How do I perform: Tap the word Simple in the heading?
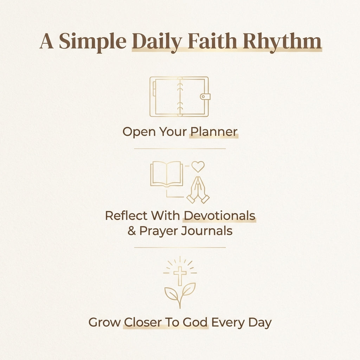[x=92, y=41]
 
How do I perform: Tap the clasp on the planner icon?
[x=205, y=96]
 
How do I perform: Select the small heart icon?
[x=198, y=166]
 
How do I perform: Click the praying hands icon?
[x=198, y=190]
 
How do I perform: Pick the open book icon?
[x=167, y=174]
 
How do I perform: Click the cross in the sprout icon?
[x=180, y=275]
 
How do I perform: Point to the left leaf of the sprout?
[x=172, y=294]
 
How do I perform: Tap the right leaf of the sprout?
[x=188, y=290]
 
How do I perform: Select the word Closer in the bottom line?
[x=142, y=322]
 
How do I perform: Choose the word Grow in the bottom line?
[x=104, y=322]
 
